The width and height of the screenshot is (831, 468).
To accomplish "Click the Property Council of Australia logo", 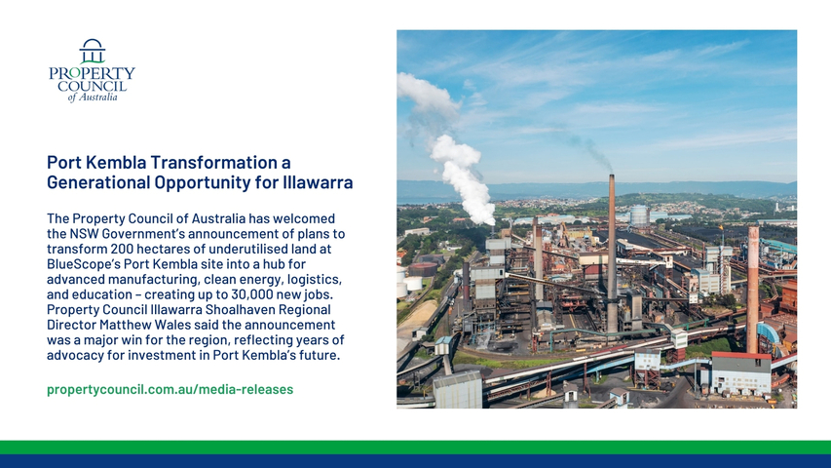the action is (93, 70).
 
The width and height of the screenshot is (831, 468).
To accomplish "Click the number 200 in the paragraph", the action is (121, 249).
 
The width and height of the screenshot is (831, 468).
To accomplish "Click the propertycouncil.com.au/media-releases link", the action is (170, 389).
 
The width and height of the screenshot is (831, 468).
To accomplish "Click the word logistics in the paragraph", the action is (316, 280).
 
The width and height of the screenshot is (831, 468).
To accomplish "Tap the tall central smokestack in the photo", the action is (612, 253).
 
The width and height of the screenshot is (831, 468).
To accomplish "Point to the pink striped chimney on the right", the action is (752, 290).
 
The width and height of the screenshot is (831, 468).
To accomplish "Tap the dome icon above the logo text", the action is (93, 51).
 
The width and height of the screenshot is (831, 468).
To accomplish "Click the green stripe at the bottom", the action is (415, 448).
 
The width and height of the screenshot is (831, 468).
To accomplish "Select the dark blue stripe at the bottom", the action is (415, 461).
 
